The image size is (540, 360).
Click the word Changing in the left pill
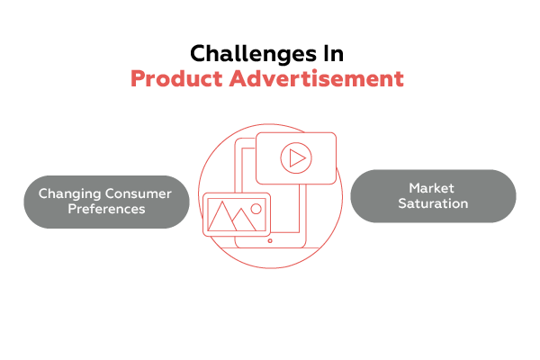(x=67, y=193)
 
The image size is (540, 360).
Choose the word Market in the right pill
(x=433, y=188)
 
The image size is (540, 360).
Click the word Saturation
(x=433, y=203)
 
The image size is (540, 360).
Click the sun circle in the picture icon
(x=256, y=208)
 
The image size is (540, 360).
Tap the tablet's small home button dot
(x=270, y=240)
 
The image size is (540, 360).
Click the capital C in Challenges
(x=198, y=52)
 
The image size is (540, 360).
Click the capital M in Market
(x=414, y=188)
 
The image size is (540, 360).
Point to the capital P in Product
(x=138, y=78)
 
